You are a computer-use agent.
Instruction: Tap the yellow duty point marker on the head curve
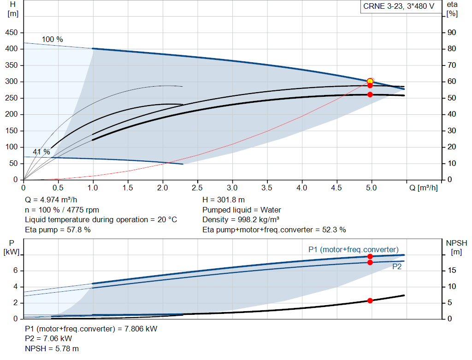point(370,81)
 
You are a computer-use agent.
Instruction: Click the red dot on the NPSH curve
point(370,301)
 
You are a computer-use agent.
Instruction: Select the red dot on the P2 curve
point(370,262)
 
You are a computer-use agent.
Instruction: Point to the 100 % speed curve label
point(53,40)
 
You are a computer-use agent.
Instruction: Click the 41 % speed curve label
point(41,152)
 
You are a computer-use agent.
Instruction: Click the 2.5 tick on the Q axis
point(197,188)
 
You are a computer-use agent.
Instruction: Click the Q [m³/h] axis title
point(424,188)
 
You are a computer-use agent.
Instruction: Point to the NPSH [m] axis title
point(457,247)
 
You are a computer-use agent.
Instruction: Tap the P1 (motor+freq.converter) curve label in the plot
point(354,249)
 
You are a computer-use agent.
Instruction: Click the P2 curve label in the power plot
point(397,266)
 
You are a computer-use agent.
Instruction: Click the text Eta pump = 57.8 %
point(58,230)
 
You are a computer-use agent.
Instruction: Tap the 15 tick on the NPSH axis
point(452,271)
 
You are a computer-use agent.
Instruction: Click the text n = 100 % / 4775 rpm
point(62,210)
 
